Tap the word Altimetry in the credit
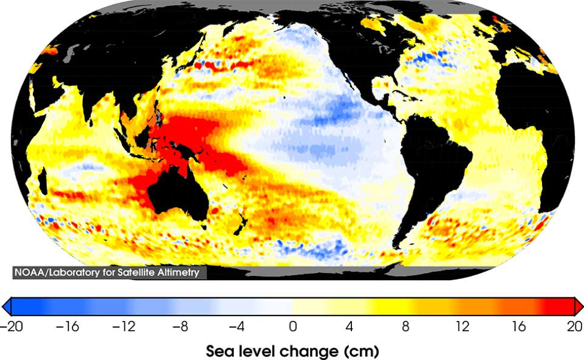[183, 272]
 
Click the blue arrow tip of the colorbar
[5, 307]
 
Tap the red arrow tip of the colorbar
[579, 307]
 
